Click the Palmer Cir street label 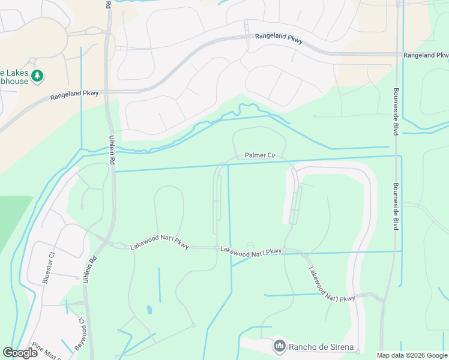click(x=260, y=156)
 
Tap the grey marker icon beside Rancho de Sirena click(x=279, y=346)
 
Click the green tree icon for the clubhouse click(x=38, y=76)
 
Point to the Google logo click(x=20, y=353)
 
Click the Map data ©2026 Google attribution click(x=412, y=355)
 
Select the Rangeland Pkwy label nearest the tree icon click(x=74, y=94)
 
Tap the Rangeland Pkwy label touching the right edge click(x=426, y=55)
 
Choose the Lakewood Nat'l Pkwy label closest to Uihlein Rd click(x=159, y=246)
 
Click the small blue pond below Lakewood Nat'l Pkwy click(x=149, y=310)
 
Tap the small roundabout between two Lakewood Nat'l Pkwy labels click(x=217, y=247)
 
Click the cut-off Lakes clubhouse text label click(x=14, y=76)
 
